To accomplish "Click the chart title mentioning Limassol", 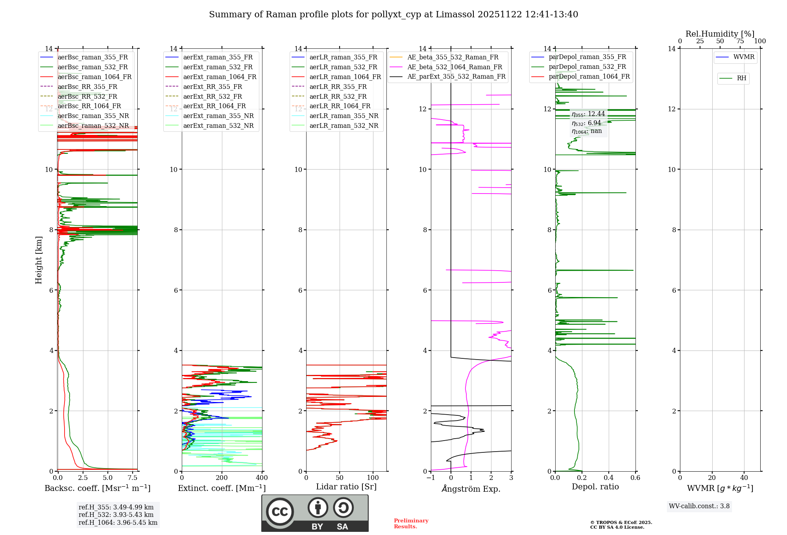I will pyautogui.click(x=393, y=15).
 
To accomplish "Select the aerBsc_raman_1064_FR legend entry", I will pyautogui.click(x=94, y=77).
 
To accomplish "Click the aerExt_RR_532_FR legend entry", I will pyautogui.click(x=212, y=96).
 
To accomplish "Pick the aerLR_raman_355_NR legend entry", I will pyautogui.click(x=344, y=116).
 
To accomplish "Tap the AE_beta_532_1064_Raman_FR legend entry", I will pyautogui.click(x=454, y=67).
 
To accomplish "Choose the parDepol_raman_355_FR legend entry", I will pyautogui.click(x=587, y=57).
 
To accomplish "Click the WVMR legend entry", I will pyautogui.click(x=744, y=57).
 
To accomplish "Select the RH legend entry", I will pyautogui.click(x=741, y=78).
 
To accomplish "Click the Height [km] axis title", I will pyautogui.click(x=39, y=260).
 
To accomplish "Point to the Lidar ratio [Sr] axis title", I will pyautogui.click(x=346, y=487).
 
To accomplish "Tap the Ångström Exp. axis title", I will pyautogui.click(x=471, y=489).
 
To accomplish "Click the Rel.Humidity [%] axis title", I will pyautogui.click(x=720, y=34).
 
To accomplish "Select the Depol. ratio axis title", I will pyautogui.click(x=595, y=487).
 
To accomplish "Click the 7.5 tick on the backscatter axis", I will pyautogui.click(x=133, y=478).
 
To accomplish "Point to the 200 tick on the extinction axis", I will pyautogui.click(x=222, y=478).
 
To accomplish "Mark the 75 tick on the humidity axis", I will pyautogui.click(x=740, y=41).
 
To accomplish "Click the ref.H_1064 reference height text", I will pyautogui.click(x=118, y=523).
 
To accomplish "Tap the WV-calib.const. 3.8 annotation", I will pyautogui.click(x=699, y=506).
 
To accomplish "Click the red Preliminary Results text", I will pyautogui.click(x=411, y=524).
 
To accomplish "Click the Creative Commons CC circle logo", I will pyautogui.click(x=280, y=511).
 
